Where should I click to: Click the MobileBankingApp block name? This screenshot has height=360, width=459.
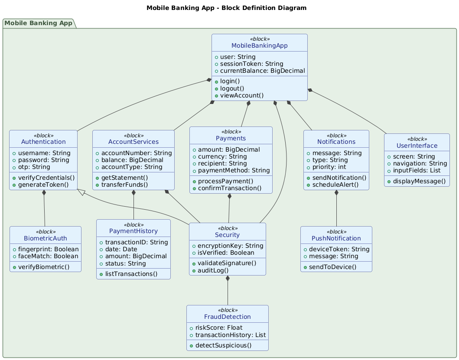point(260,45)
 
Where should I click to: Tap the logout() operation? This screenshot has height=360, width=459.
point(231,88)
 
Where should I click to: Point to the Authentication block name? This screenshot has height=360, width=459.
point(43,142)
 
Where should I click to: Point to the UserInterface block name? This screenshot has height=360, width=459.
point(417,145)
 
